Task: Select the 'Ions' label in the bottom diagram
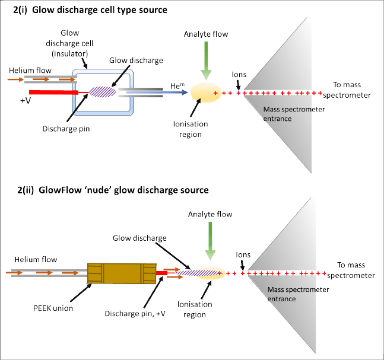[242, 254]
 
